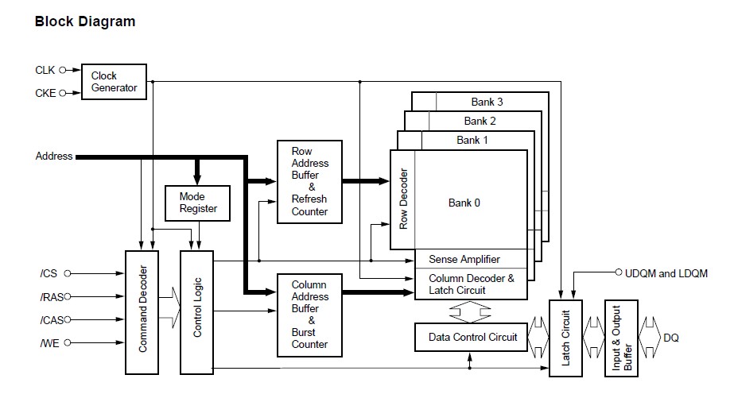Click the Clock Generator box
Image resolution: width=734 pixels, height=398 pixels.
coord(114,82)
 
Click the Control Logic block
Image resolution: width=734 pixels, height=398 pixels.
coord(198,311)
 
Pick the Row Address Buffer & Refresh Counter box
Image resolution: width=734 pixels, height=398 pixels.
coord(309,181)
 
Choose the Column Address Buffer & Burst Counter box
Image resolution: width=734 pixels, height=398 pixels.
coord(309,314)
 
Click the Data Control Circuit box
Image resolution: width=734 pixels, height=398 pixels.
coord(472,338)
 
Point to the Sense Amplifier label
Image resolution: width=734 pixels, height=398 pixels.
coord(464,260)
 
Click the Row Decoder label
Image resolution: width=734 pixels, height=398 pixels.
coord(403,199)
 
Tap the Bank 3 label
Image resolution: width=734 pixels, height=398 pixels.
coord(487,102)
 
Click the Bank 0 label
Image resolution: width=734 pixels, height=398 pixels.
coord(464,203)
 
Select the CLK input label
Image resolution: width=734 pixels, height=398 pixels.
coord(45,70)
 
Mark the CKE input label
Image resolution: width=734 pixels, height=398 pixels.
coord(45,93)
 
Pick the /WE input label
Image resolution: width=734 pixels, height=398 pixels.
coord(49,342)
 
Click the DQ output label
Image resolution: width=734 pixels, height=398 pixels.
coord(671,338)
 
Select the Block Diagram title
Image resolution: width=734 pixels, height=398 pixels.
coord(85,21)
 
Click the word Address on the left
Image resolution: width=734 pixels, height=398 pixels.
coord(54,156)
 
